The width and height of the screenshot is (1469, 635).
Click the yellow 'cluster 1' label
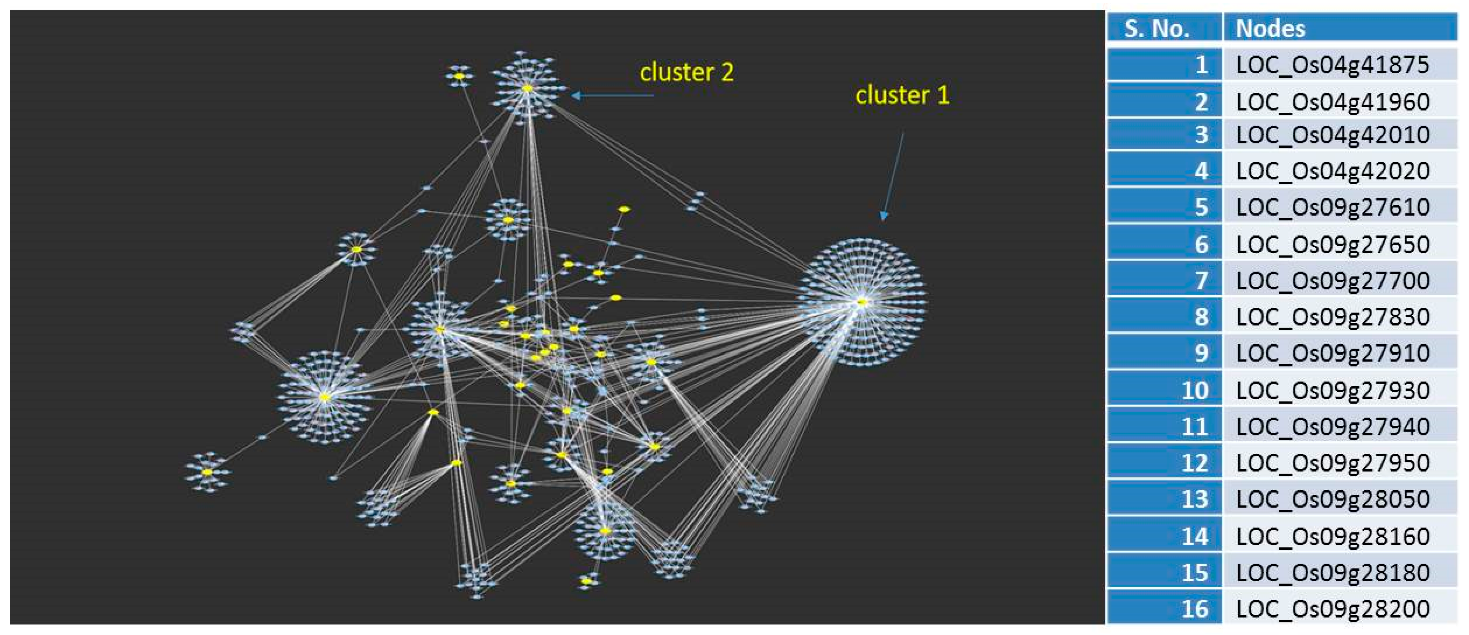point(902,95)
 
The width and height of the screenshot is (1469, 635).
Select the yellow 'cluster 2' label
point(686,72)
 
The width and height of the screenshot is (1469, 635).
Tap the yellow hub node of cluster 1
point(862,302)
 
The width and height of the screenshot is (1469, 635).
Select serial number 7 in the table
point(1201,281)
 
